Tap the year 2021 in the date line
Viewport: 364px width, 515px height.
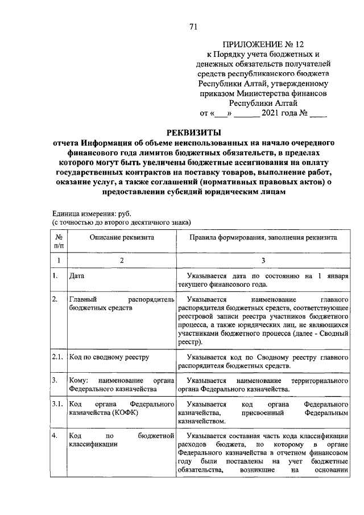(272, 113)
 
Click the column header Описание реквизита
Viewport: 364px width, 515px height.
(121, 237)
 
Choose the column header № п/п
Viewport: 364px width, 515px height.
(58, 241)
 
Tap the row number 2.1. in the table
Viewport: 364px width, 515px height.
(57, 357)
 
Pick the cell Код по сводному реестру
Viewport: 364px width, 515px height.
(109, 357)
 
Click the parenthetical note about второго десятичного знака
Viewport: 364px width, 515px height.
(121, 221)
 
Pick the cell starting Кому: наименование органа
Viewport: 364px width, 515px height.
(121, 385)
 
